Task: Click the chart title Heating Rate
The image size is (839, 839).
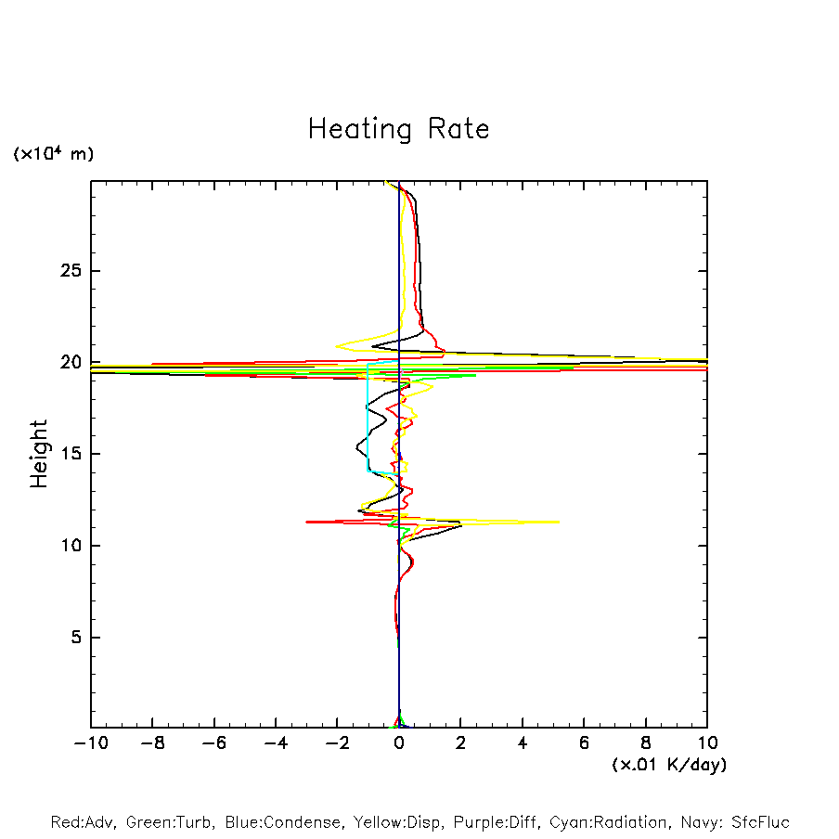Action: (x=398, y=129)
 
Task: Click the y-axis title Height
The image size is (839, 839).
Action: (x=39, y=454)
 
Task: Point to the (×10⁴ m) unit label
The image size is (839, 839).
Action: (x=53, y=154)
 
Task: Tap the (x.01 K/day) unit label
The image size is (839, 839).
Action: (x=668, y=765)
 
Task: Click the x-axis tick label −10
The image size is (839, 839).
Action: (x=90, y=743)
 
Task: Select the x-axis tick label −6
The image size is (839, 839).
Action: (x=213, y=743)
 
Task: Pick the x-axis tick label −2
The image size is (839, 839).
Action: (x=337, y=743)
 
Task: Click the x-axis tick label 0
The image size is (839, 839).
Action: (x=399, y=743)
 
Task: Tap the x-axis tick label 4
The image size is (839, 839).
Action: (x=523, y=743)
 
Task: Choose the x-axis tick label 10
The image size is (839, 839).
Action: (x=707, y=743)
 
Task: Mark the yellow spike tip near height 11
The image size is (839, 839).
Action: (x=558, y=522)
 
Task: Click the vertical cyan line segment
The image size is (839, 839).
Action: (x=368, y=418)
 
